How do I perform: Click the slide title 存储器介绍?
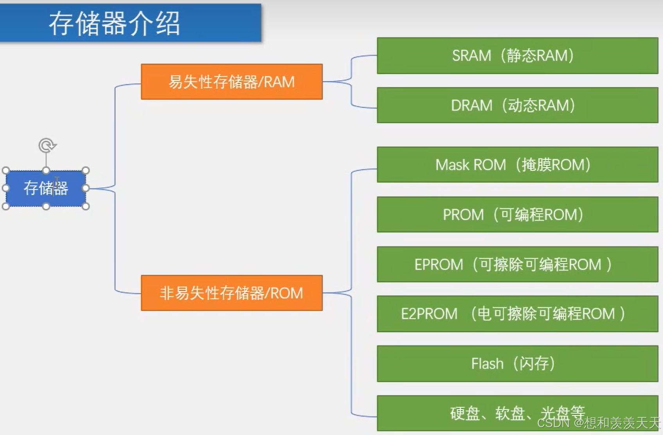point(114,23)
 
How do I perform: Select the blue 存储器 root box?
point(46,188)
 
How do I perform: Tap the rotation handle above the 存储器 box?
point(47,146)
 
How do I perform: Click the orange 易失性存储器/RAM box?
point(231,82)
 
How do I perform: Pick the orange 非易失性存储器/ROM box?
point(231,293)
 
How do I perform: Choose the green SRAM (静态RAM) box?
point(517,56)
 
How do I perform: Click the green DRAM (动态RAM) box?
point(517,105)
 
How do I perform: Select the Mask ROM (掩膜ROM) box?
point(517,165)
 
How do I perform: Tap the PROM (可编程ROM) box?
point(517,214)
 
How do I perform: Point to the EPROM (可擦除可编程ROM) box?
point(517,264)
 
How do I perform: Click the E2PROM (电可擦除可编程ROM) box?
point(517,314)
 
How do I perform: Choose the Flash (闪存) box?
point(517,363)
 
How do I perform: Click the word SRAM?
point(471,56)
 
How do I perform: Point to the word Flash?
point(487,364)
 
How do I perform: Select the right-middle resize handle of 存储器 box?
point(86,188)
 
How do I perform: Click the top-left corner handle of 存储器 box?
point(6,171)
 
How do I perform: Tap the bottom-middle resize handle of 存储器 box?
point(46,206)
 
